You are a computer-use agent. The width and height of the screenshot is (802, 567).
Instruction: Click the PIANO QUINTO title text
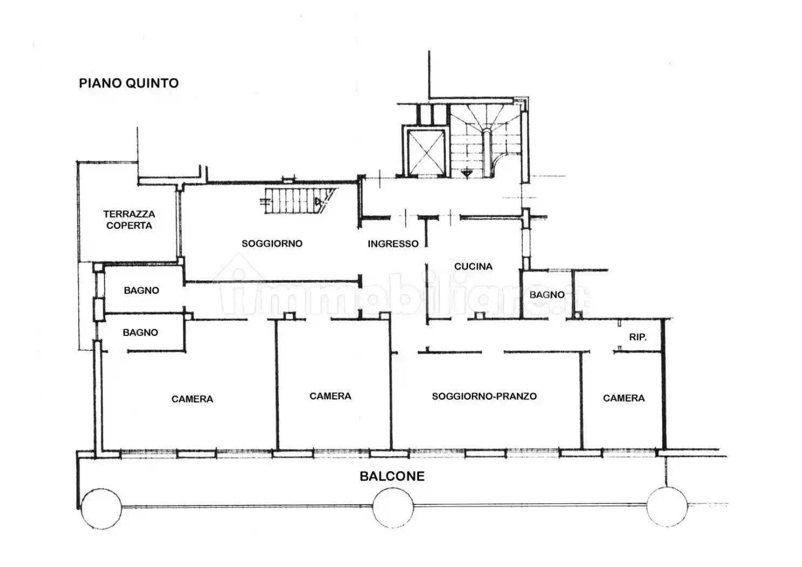pos(129,83)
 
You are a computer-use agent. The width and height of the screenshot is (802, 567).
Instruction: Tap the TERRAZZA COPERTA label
pos(129,220)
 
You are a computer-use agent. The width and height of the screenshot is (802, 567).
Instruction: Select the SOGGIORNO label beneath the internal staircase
pos(272,244)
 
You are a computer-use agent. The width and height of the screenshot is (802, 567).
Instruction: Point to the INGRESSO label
pos(393,244)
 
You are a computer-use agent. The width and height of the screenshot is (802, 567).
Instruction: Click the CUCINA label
pos(473,266)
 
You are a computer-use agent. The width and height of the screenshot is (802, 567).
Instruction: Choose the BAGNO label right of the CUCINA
pos(547,295)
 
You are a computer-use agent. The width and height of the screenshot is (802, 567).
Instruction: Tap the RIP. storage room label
pos(637,337)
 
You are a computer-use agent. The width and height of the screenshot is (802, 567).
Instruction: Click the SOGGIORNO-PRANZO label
pos(484,396)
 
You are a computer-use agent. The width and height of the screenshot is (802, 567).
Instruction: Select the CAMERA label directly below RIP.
pos(623,398)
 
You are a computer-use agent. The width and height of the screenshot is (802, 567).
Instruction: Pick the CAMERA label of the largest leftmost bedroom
pos(192,399)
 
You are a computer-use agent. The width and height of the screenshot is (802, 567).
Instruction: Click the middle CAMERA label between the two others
pos(330,396)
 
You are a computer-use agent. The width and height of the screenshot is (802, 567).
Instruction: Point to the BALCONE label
pos(392,476)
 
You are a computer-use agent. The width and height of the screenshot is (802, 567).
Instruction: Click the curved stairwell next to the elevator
pos(486,140)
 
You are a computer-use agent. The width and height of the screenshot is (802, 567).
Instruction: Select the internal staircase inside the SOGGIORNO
pos(297,201)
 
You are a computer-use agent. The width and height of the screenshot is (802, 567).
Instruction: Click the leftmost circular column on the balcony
pos(101,508)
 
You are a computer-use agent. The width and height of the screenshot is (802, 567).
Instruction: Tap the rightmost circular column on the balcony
pos(667,507)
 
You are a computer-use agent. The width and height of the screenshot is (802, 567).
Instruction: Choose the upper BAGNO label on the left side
pos(141,291)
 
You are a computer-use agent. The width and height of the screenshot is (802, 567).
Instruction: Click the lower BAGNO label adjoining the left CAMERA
pos(140,333)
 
